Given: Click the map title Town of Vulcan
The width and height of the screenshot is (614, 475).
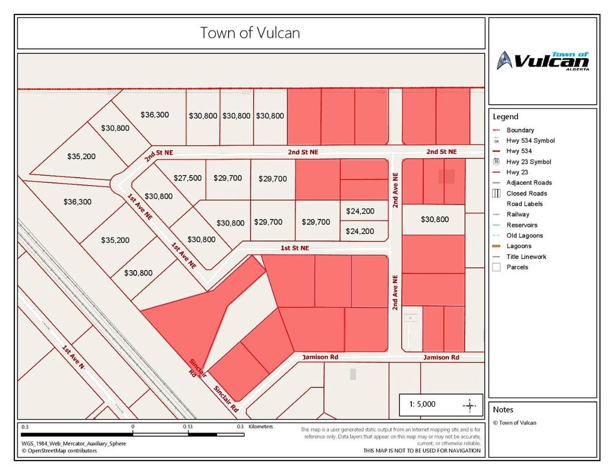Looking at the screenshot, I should tap(250, 32).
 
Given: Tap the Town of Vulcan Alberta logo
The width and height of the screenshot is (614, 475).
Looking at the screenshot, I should tap(543, 61).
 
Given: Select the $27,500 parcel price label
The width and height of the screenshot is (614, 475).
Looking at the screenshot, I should tap(188, 178).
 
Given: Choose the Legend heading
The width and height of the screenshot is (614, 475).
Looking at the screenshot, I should tap(505, 117).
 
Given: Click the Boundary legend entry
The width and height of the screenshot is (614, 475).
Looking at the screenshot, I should tap(520, 130).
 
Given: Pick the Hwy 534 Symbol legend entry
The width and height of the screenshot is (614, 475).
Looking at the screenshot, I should tap(530, 141).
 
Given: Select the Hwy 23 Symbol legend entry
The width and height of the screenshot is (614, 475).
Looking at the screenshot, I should tap(528, 162).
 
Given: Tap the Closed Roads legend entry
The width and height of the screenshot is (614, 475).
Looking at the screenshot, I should tap(526, 193).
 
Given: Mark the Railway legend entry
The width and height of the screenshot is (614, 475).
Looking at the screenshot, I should tap(517, 214).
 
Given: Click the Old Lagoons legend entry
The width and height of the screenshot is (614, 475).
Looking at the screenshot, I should tap(524, 236).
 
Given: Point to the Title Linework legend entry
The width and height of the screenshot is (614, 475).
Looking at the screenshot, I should tap(526, 257).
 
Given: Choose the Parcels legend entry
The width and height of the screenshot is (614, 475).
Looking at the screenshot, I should tap(517, 267).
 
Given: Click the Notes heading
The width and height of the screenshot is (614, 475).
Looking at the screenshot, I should tap(503, 410).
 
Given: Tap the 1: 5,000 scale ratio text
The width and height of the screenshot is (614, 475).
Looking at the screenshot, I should tap(423, 404).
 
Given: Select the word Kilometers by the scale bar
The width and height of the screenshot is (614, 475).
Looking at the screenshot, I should tap(260, 426).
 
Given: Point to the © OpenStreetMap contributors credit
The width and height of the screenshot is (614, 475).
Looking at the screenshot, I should tap(59, 450).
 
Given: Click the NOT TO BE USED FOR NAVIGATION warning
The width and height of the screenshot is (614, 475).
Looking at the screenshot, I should tap(422, 450).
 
